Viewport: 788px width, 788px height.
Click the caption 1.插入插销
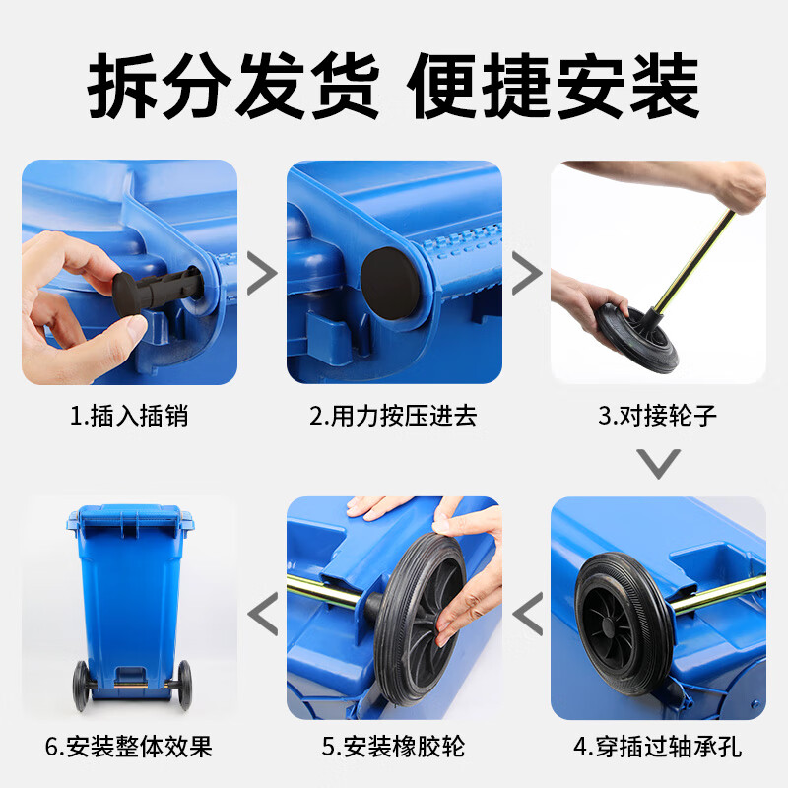[x=129, y=416]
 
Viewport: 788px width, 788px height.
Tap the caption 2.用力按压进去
[x=393, y=416]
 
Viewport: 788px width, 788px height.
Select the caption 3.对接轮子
[x=657, y=416]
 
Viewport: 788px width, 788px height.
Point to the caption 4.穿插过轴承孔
[x=657, y=747]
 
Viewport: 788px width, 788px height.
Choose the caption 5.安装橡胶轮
[x=393, y=747]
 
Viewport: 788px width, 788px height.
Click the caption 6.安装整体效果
[x=129, y=747]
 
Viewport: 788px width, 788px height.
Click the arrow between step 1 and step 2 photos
[x=262, y=274]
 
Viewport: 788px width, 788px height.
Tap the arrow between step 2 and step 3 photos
[x=527, y=274]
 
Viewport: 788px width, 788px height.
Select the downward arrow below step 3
[x=658, y=463]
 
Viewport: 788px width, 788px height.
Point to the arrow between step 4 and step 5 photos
[x=528, y=614]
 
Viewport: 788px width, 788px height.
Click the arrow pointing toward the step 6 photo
[x=262, y=614]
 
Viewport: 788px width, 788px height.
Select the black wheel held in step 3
[x=636, y=337]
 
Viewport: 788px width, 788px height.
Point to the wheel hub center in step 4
[x=609, y=625]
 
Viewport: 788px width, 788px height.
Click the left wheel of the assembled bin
[x=81, y=686]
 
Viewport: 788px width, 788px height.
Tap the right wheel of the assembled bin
[x=184, y=685]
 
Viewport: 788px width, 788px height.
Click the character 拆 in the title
[x=122, y=86]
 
